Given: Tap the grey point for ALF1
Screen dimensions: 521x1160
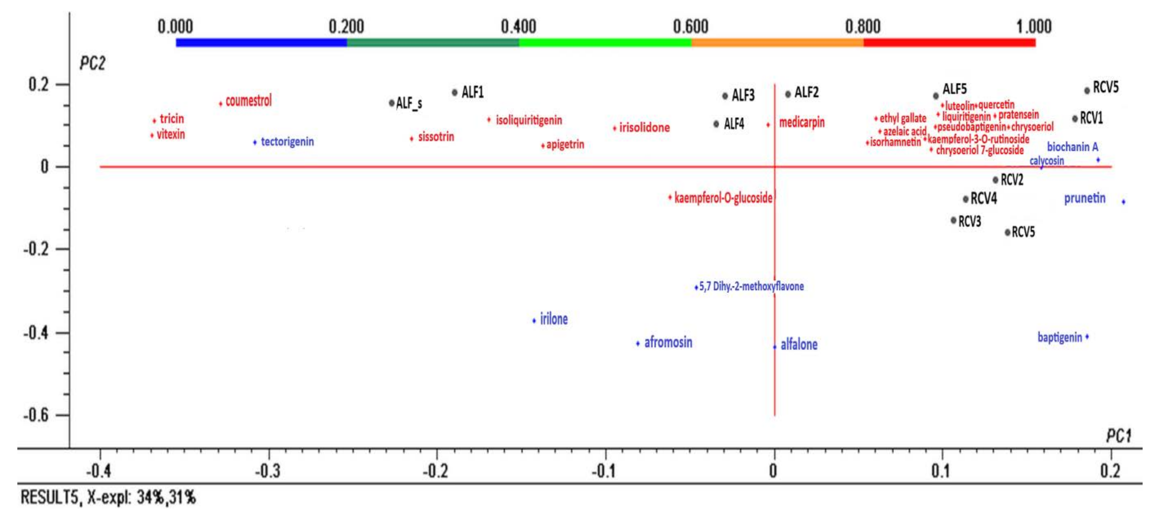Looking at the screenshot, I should pos(454,93).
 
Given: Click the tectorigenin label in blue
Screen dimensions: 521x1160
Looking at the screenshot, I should pos(287,142).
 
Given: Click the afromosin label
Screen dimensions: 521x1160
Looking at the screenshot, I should pos(668,342).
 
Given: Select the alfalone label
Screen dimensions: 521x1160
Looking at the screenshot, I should pos(799,345).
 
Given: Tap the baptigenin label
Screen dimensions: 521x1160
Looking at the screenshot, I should pos(1059,337).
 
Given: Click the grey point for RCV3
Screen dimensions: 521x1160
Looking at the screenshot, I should pos(953,220).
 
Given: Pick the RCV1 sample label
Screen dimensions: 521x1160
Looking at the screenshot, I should pos(1091,118).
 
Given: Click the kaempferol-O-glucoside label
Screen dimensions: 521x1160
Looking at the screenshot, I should pos(723,198).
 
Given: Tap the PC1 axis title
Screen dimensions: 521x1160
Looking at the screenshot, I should pos(1118,436).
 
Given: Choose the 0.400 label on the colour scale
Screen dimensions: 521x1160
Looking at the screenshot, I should pos(518,27).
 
